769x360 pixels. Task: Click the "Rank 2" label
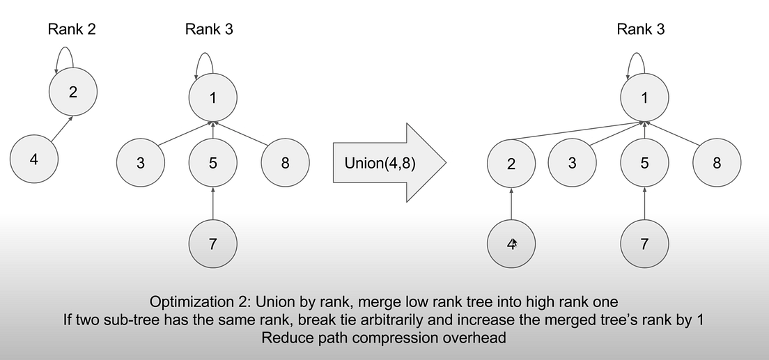point(73,29)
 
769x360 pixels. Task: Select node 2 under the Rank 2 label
point(73,91)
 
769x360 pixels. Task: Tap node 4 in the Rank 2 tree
point(34,159)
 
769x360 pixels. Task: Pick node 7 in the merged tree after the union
point(644,244)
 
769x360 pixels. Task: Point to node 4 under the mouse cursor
point(511,244)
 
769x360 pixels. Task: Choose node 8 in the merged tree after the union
point(717,164)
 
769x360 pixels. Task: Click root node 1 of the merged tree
point(644,97)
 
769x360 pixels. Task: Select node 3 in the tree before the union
point(141,164)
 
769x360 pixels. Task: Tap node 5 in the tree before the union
point(212,164)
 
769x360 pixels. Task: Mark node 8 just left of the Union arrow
point(284,164)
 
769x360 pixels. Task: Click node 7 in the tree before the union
point(212,244)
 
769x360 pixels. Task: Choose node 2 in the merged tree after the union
point(511,164)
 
